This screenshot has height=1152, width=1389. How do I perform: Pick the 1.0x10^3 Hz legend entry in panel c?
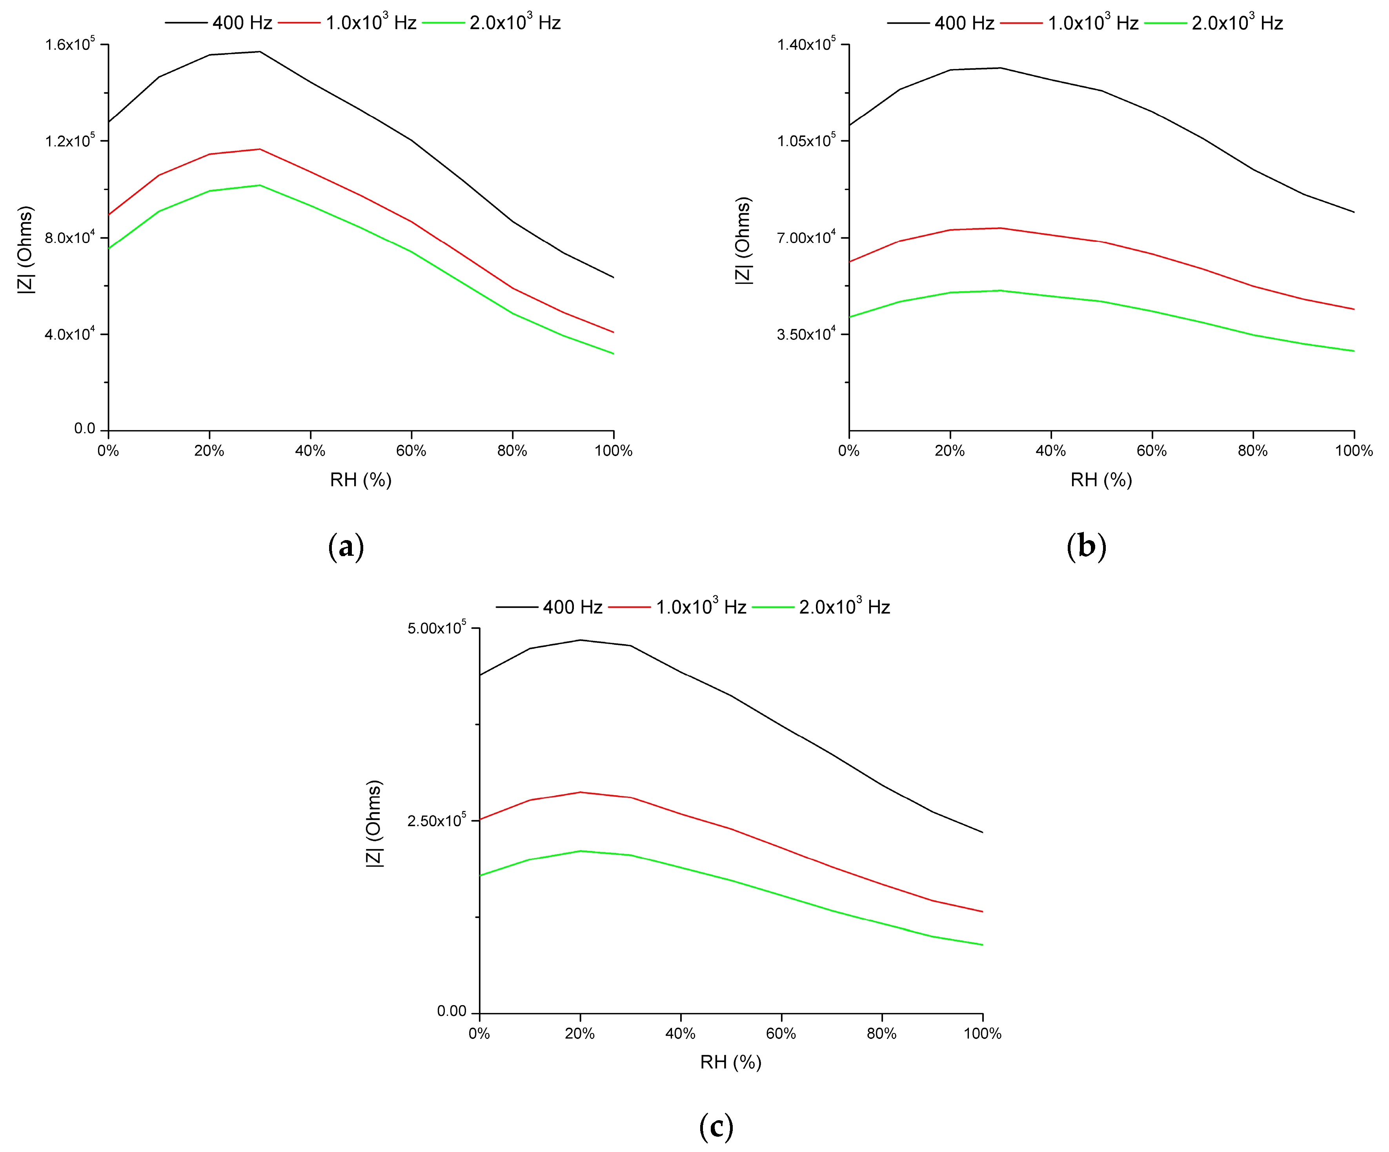point(677,607)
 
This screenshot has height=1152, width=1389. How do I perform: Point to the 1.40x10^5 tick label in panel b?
point(806,45)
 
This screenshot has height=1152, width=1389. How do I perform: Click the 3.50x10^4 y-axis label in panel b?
point(806,334)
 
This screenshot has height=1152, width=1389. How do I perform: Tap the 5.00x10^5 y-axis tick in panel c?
point(437,628)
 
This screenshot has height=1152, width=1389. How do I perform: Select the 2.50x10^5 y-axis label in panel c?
point(437,820)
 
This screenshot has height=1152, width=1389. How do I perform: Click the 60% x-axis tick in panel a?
point(411,451)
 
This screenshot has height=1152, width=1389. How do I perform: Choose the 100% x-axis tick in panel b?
point(1353,451)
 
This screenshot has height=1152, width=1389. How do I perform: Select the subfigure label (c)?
point(715,1126)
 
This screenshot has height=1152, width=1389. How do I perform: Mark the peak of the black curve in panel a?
point(260,51)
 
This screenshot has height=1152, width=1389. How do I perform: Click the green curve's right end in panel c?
point(982,945)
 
